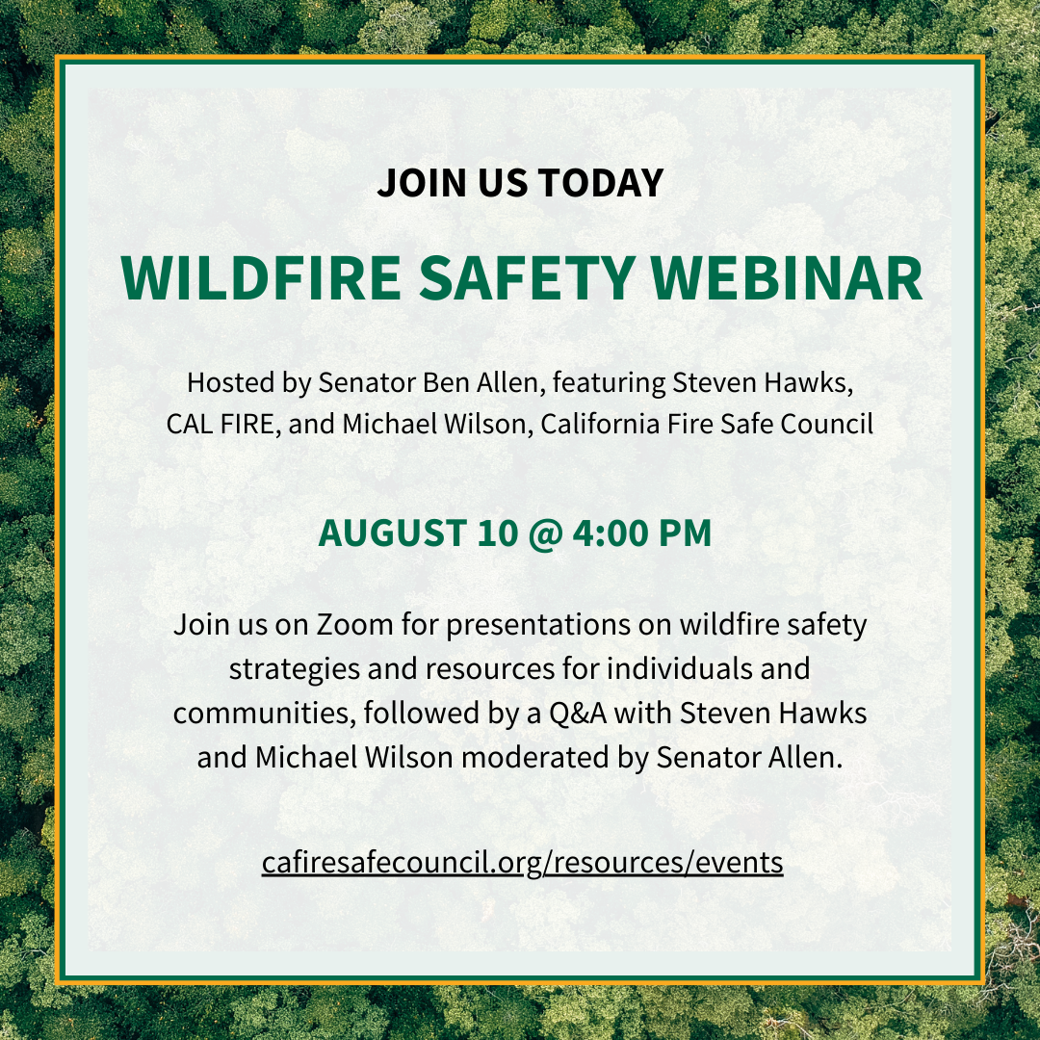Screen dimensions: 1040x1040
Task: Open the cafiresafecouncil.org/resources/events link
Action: click(522, 862)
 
